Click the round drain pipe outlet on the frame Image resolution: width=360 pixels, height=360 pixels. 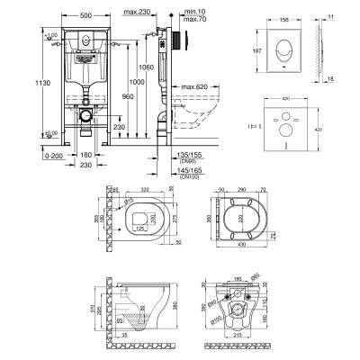84,115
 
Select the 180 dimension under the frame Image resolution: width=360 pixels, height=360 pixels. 83,155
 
